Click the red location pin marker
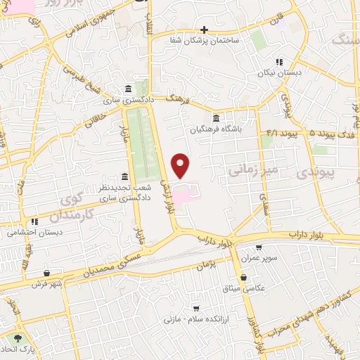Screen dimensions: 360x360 tap(181, 165)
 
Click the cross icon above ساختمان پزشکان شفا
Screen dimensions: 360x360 tap(204, 30)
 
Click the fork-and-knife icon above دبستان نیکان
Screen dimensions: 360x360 tap(279, 62)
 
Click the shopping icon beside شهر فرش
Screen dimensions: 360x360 tap(46, 273)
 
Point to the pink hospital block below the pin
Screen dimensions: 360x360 tap(187, 191)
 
